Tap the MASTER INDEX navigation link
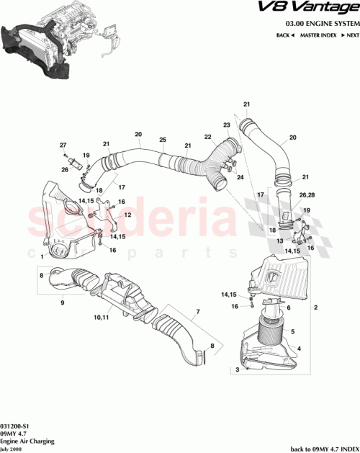click(x=319, y=35)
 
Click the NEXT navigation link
click(x=351, y=35)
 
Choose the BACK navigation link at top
click(x=284, y=35)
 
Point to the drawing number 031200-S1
click(x=15, y=426)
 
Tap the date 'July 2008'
click(x=12, y=447)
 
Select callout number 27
click(x=63, y=145)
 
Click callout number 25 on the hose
click(x=163, y=139)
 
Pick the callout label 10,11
click(x=100, y=315)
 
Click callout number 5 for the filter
click(x=292, y=331)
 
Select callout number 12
click(x=127, y=215)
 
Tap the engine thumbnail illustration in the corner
click(x=54, y=40)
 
